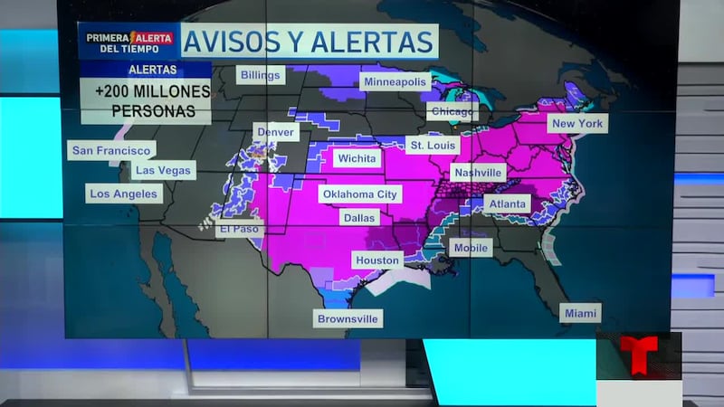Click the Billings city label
(261, 75)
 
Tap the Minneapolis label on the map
(394, 81)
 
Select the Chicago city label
(452, 112)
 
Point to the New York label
(576, 123)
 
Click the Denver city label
(275, 132)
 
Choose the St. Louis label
(433, 145)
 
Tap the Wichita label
(357, 158)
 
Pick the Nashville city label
(478, 172)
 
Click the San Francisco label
(111, 150)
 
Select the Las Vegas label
(163, 170)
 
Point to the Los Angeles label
(124, 194)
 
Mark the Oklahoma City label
(360, 194)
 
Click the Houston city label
(377, 260)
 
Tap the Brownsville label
(348, 318)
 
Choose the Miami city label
(579, 313)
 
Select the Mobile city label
(471, 248)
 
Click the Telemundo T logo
(638, 355)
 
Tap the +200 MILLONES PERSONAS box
(146, 101)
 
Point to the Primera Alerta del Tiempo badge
(128, 43)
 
